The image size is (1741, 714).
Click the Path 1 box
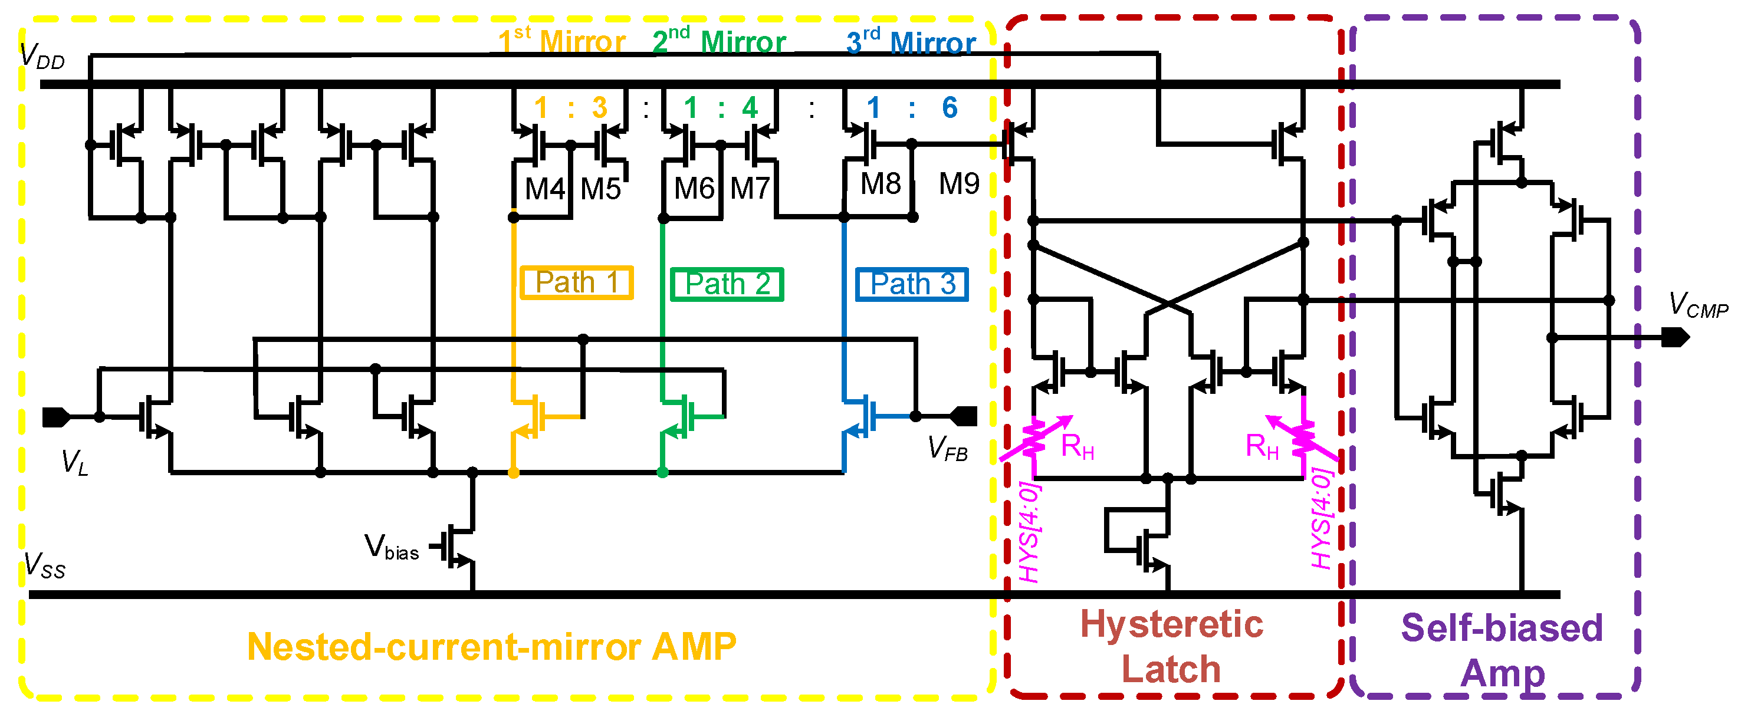(577, 282)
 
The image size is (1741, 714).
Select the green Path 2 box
(727, 284)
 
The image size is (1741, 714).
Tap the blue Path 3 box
(912, 284)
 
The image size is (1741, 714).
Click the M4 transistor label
(544, 189)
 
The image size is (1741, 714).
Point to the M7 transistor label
(750, 189)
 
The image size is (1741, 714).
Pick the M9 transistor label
(958, 184)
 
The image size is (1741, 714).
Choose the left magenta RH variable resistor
(1034, 439)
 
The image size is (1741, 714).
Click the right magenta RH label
(1263, 446)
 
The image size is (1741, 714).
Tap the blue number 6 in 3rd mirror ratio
(950, 107)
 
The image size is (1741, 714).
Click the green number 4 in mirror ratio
(750, 107)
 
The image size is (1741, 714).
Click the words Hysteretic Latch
(1171, 646)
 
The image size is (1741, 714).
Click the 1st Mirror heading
(561, 41)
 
